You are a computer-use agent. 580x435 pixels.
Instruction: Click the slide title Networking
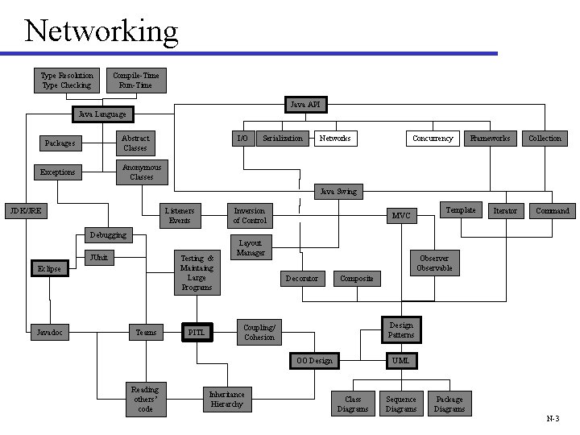pos(101,31)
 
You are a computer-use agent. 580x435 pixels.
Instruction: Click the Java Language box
pos(101,114)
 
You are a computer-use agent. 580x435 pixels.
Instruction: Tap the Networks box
pos(335,139)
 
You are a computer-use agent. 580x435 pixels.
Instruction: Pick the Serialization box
pos(283,139)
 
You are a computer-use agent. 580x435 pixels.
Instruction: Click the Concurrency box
pos(433,139)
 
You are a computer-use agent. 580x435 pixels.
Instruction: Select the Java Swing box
pos(338,192)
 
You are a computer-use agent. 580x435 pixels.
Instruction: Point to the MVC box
pos(401,216)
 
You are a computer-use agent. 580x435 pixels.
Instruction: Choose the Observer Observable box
pos(435,263)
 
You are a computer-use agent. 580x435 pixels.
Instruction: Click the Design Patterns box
pos(401,330)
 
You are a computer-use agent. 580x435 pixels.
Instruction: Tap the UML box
pos(401,360)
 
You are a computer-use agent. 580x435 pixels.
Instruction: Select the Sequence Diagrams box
pos(401,404)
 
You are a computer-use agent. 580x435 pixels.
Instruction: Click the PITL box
pos(197,332)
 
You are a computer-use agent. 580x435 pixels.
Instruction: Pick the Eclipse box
pos(49,268)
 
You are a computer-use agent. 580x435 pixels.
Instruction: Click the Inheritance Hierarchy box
pos(227,399)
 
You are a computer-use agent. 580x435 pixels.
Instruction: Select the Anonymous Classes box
pos(142,172)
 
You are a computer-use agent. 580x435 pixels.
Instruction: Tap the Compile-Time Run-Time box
pos(136,80)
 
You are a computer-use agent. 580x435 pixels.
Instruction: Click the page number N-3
pos(553,419)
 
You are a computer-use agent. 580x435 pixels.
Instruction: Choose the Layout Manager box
pos(251,247)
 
